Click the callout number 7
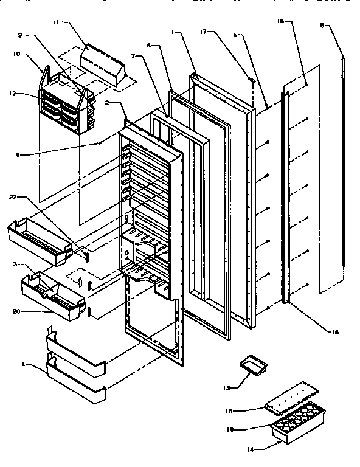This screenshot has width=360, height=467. [x=133, y=56]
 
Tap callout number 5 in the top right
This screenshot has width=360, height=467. [x=323, y=26]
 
